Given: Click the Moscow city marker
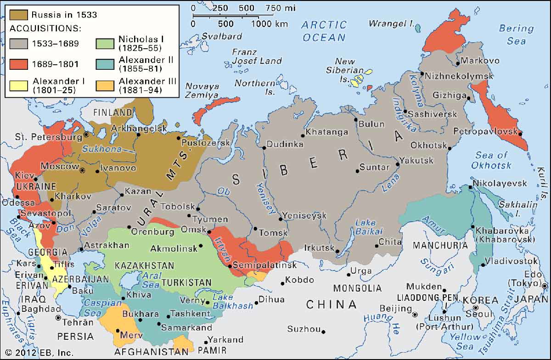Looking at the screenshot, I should coord(83,170).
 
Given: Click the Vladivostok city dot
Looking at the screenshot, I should coord(484,264).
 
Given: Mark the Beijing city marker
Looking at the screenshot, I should coord(415,315).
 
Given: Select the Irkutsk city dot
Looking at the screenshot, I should coord(337,251).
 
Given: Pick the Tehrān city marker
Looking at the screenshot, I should coord(58,317).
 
